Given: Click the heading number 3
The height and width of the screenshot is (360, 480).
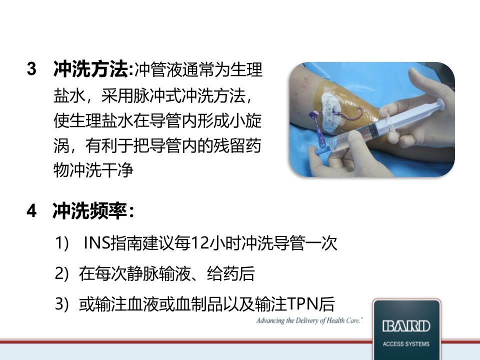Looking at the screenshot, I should (x=32, y=69).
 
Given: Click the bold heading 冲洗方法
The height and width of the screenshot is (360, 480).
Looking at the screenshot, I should (x=90, y=69).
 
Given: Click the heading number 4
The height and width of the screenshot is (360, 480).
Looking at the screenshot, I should (x=32, y=212).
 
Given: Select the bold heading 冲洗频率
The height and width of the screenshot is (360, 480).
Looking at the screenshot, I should (x=90, y=212).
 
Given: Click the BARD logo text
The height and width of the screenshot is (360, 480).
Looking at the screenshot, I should (x=405, y=326).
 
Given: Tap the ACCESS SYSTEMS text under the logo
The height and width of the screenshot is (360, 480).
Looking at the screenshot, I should (x=405, y=344).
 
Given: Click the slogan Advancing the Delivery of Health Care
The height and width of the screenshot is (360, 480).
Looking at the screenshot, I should (x=309, y=320).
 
